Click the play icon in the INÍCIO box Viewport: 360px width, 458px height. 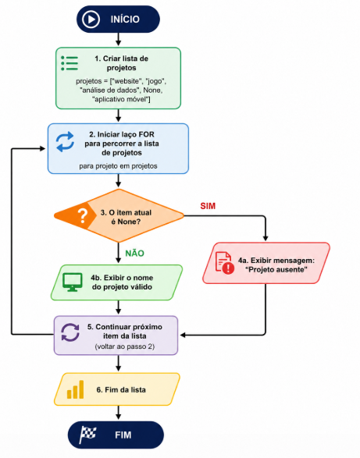(x=91, y=20)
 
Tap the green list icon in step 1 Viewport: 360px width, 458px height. (x=70, y=63)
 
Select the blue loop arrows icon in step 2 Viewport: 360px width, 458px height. (x=66, y=142)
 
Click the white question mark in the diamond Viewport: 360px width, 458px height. (x=83, y=216)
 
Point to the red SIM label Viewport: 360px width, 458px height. (x=208, y=206)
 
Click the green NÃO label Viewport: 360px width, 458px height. (x=134, y=254)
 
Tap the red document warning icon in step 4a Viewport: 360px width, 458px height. (x=225, y=263)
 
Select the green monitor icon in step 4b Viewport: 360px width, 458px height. (x=72, y=282)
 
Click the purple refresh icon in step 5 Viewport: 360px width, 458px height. (x=70, y=332)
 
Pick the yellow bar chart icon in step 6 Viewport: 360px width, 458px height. (x=76, y=389)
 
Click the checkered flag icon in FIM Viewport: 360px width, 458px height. (x=87, y=435)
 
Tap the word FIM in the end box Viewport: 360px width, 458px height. (x=123, y=435)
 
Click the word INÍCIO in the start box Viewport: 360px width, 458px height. (x=125, y=20)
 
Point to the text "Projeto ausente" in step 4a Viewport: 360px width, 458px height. (x=276, y=269)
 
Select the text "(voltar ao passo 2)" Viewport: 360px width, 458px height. (x=125, y=346)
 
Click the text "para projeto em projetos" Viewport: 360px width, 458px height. (x=118, y=166)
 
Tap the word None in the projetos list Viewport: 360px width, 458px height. (x=151, y=90)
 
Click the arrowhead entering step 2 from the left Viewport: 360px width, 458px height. (x=43, y=149)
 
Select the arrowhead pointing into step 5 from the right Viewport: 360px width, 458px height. (x=183, y=335)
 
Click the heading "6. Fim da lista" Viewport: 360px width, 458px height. (x=121, y=389)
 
